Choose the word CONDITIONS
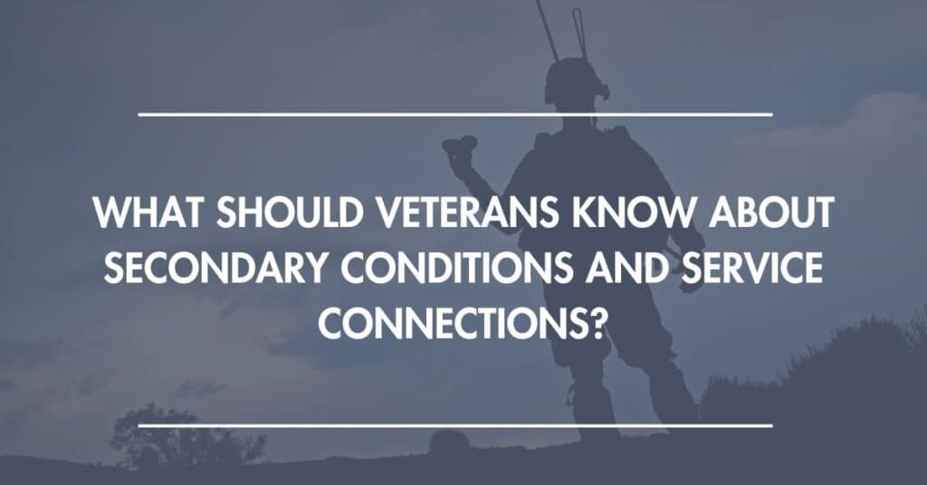click(x=456, y=267)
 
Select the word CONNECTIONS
click(x=454, y=322)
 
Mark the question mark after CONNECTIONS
click(x=599, y=322)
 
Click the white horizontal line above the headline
click(x=455, y=114)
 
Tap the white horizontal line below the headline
click(x=455, y=424)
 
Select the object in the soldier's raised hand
click(x=459, y=146)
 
